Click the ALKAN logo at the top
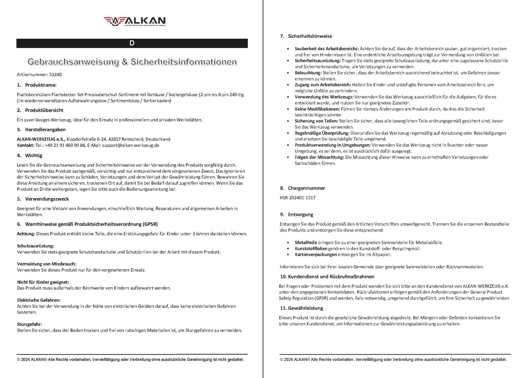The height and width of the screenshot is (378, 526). pyautogui.click(x=134, y=21)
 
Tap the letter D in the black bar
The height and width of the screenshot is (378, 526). pyautogui.click(x=132, y=43)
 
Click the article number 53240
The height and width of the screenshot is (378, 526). pyautogui.click(x=55, y=75)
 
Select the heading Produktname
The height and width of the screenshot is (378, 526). pyautogui.click(x=40, y=85)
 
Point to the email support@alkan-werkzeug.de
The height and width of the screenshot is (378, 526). pyautogui.click(x=131, y=145)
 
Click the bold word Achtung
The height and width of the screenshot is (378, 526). pyautogui.click(x=26, y=234)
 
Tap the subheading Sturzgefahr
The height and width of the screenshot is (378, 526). pyautogui.click(x=29, y=324)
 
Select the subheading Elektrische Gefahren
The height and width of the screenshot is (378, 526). pyautogui.click(x=39, y=300)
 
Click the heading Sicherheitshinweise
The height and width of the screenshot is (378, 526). pyautogui.click(x=310, y=36)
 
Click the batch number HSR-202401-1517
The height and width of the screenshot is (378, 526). pyautogui.click(x=297, y=198)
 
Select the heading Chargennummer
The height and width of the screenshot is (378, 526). pyautogui.click(x=306, y=188)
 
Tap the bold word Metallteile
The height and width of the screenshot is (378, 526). pyautogui.click(x=306, y=242)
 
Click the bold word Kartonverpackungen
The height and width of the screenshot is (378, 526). pyautogui.click(x=316, y=254)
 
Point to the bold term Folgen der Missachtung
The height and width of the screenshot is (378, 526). pyautogui.click(x=319, y=157)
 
